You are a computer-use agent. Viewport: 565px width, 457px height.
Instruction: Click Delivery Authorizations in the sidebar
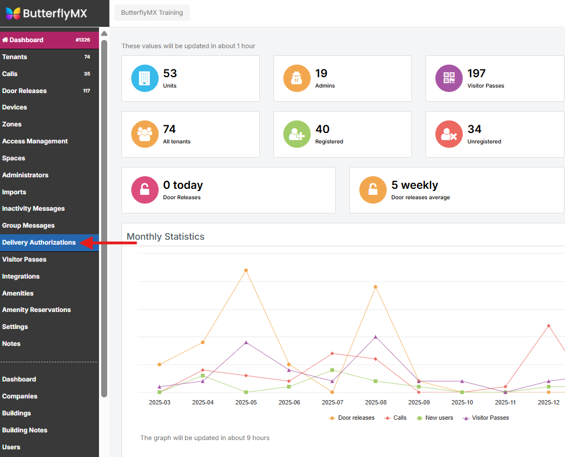tap(39, 242)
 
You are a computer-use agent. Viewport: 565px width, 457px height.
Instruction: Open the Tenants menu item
tap(15, 57)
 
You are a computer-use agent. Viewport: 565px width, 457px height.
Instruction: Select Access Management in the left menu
tap(35, 141)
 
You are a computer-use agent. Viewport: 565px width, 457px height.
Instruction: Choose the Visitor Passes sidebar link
tap(24, 259)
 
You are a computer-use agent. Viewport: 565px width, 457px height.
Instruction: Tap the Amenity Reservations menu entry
tap(37, 310)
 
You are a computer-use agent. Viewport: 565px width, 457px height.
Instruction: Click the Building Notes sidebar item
tap(25, 430)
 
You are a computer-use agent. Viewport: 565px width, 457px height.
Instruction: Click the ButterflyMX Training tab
tap(152, 13)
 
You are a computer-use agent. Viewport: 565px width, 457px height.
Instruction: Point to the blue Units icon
tap(145, 78)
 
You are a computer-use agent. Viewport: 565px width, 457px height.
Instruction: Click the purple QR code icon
tap(449, 78)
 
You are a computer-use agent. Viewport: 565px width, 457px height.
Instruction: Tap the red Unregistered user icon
tap(449, 134)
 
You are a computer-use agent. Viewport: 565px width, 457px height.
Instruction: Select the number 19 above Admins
tap(321, 73)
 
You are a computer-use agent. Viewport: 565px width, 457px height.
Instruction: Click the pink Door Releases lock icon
tap(145, 190)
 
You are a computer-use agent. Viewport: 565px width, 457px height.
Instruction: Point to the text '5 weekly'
tap(415, 185)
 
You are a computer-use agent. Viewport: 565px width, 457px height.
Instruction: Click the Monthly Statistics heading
tap(166, 237)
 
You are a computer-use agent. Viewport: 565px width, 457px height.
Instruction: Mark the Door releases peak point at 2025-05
tap(246, 270)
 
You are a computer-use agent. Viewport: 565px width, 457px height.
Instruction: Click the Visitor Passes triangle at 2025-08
tap(376, 337)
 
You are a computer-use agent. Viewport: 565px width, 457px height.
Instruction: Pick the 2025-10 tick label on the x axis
tap(462, 402)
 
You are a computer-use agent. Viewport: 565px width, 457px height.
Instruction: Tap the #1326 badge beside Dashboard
tap(83, 40)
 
